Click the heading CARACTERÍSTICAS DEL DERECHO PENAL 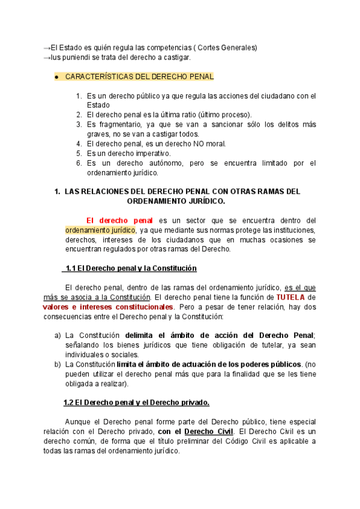(x=139, y=77)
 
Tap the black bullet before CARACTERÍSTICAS (x=55, y=77)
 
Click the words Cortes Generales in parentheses (x=229, y=47)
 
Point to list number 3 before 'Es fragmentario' (x=79, y=124)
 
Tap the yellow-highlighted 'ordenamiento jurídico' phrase (x=100, y=230)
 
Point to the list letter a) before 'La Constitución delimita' (x=58, y=335)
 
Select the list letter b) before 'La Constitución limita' (x=58, y=364)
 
